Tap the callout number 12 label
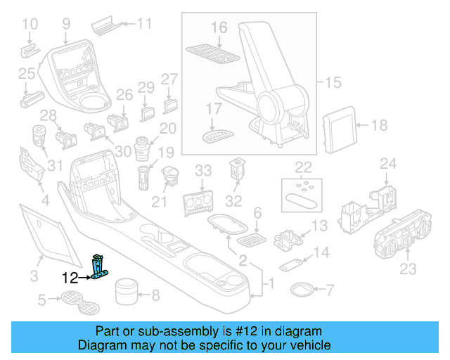70,278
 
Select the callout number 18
379,126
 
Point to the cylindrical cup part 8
125,290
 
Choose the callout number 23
408,268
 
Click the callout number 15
333,82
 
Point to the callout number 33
202,171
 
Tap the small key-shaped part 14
291,265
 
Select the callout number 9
66,24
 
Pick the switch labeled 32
236,170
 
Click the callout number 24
389,165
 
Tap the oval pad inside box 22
302,201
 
